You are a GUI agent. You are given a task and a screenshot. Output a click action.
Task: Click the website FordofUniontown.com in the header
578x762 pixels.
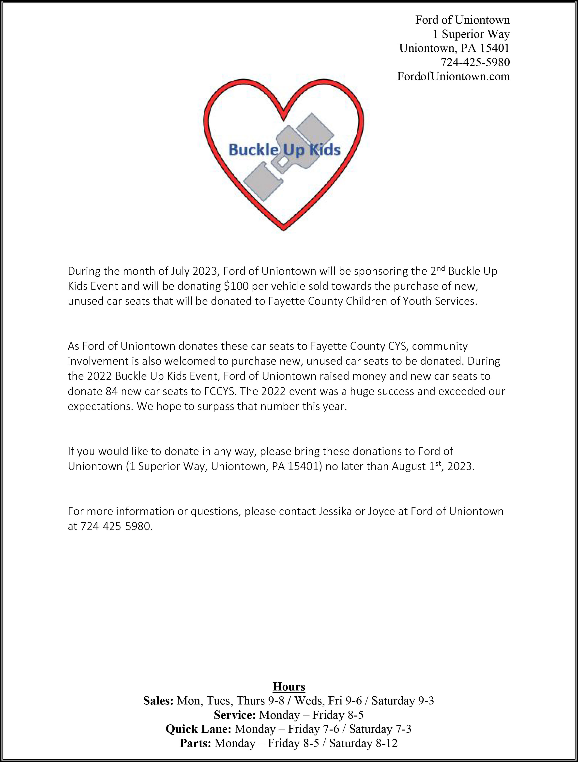(x=453, y=76)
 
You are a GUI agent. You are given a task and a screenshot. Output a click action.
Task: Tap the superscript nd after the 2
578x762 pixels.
(x=441, y=268)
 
